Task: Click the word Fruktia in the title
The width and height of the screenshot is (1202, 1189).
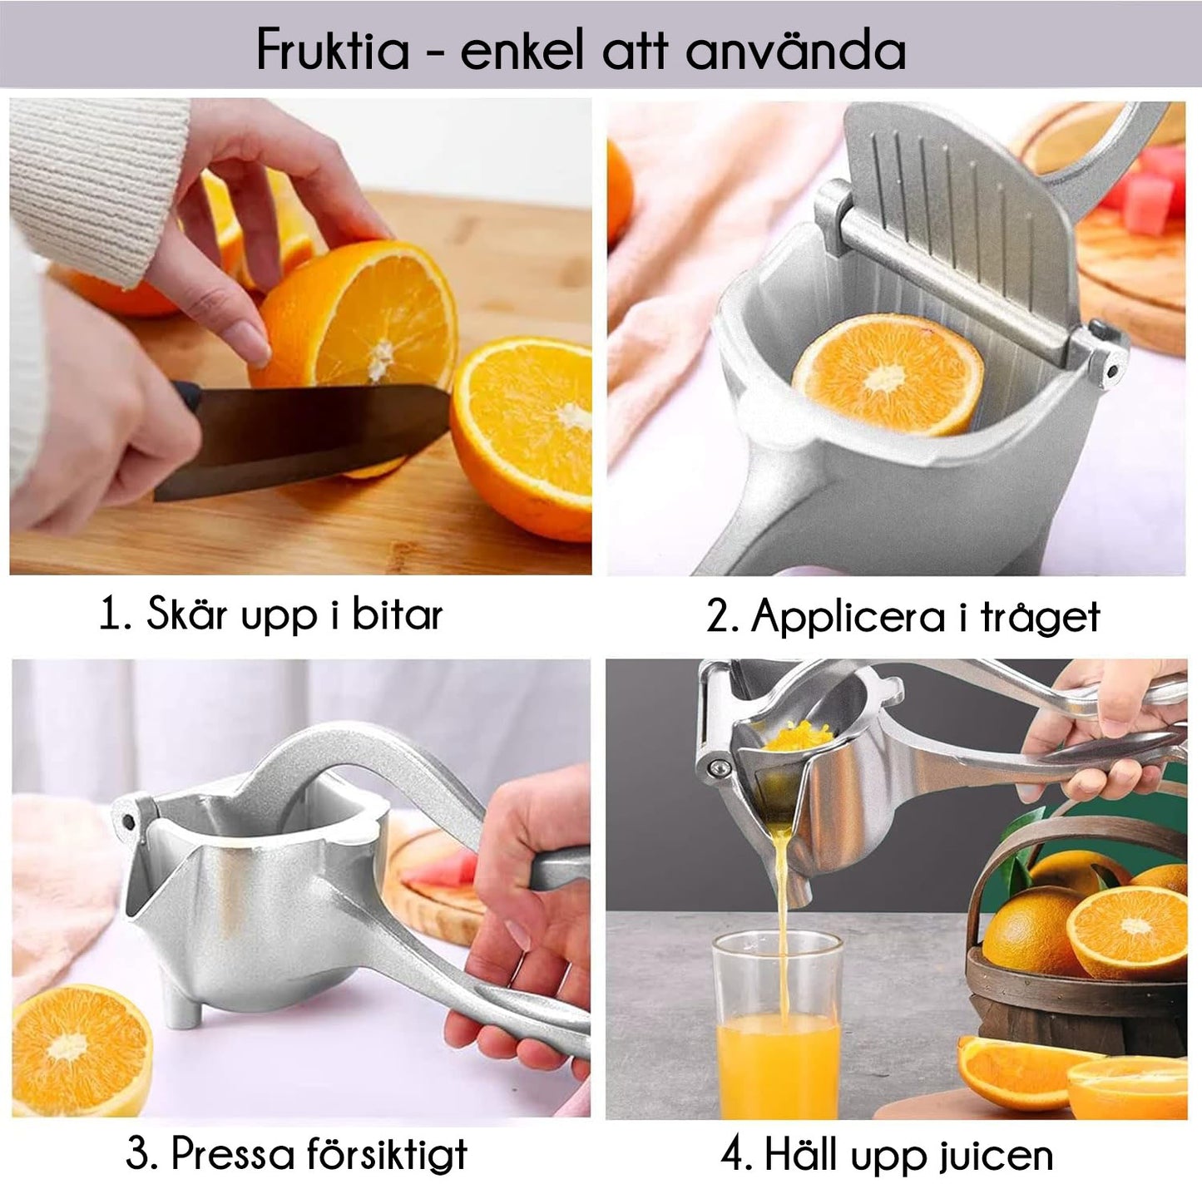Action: click(x=333, y=50)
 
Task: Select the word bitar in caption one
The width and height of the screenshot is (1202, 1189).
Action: click(x=397, y=615)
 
